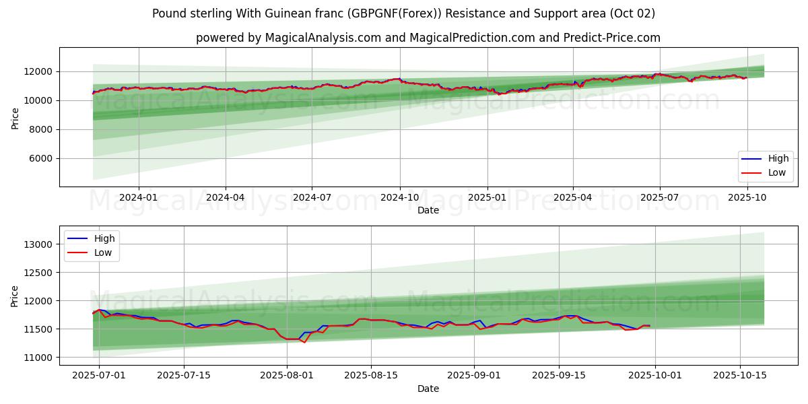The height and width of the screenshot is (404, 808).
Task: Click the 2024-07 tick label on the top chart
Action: click(x=312, y=197)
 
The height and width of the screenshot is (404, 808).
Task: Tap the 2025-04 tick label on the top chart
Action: click(x=573, y=197)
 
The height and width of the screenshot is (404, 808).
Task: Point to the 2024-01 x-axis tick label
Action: click(x=139, y=197)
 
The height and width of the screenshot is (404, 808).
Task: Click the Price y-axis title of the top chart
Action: click(x=15, y=118)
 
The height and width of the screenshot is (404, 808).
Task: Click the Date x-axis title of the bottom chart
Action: click(x=428, y=389)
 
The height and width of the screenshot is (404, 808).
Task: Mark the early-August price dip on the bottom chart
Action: click(x=304, y=342)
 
